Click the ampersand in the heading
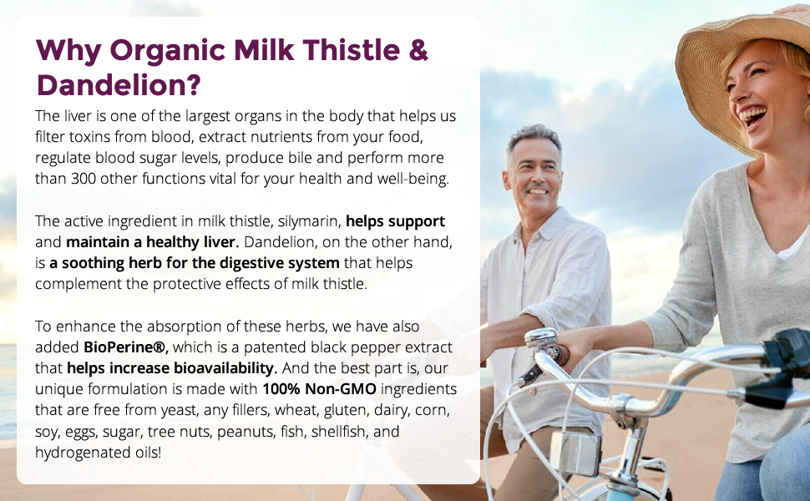click(x=418, y=51)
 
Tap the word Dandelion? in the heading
click(x=119, y=85)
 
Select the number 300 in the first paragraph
click(x=84, y=179)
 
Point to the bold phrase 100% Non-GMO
click(x=319, y=389)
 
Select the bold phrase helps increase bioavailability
click(x=172, y=368)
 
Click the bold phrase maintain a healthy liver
click(x=152, y=242)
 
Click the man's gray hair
click(x=532, y=139)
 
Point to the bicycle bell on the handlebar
click(x=541, y=338)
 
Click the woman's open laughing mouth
click(x=752, y=117)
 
